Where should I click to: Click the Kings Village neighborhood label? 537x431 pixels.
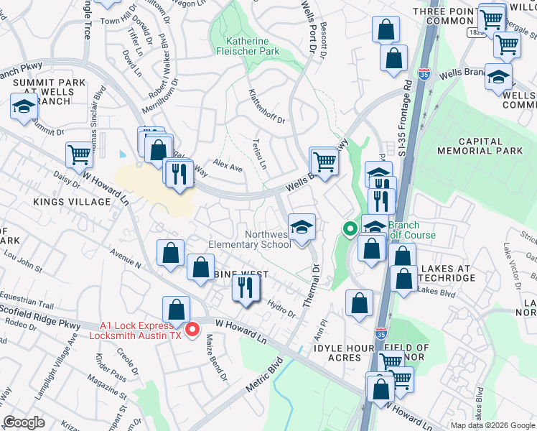coord(71,202)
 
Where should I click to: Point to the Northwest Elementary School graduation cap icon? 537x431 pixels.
coord(302,228)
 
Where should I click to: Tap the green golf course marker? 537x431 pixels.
coord(350,230)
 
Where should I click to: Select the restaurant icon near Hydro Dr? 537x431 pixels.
coord(246,288)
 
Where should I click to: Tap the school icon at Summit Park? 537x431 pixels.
coord(24,108)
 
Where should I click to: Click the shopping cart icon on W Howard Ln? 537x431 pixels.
coord(79,154)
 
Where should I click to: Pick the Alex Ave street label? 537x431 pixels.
coord(228,167)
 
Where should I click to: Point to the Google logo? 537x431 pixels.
coord(24,422)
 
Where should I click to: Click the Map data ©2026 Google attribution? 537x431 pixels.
coord(492,425)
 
